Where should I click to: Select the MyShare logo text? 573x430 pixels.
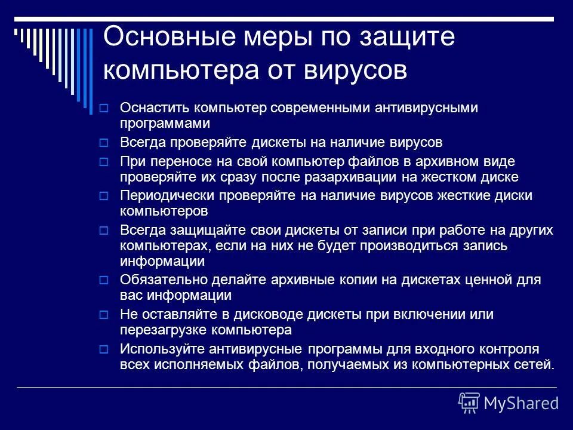pos(521,403)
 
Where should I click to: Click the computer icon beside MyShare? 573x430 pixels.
pos(469,403)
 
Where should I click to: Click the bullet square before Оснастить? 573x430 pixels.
pos(103,109)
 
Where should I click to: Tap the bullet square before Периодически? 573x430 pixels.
pos(103,196)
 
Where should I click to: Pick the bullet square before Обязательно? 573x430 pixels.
pos(103,279)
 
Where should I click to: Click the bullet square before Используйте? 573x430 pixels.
pos(103,349)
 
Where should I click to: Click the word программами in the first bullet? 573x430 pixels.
pos(165,123)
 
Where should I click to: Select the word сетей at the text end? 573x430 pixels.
pos(537,364)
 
